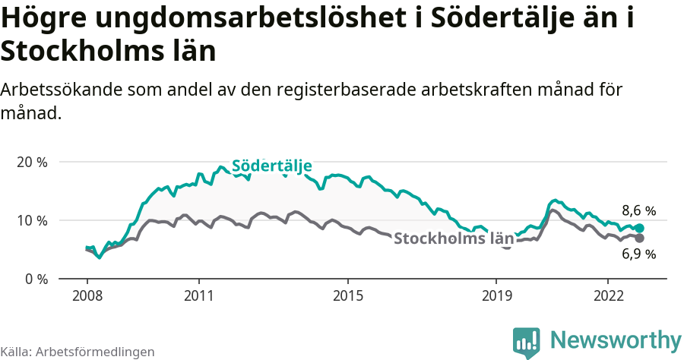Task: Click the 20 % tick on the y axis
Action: coord(32,163)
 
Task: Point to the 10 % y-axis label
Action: coord(32,220)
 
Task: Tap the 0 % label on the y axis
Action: coord(36,279)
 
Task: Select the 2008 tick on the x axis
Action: coord(87,295)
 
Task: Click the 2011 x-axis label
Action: coord(198,295)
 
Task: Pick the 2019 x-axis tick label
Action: coord(496,295)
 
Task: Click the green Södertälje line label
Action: coord(271,166)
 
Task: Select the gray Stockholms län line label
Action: coord(454,238)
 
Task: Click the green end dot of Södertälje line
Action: coord(640,229)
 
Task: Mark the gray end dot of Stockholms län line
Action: coord(640,238)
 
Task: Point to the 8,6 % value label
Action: coord(638,210)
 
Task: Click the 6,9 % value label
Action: coord(638,254)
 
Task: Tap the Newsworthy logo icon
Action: coord(526,342)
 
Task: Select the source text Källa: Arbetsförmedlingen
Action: coord(78,352)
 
